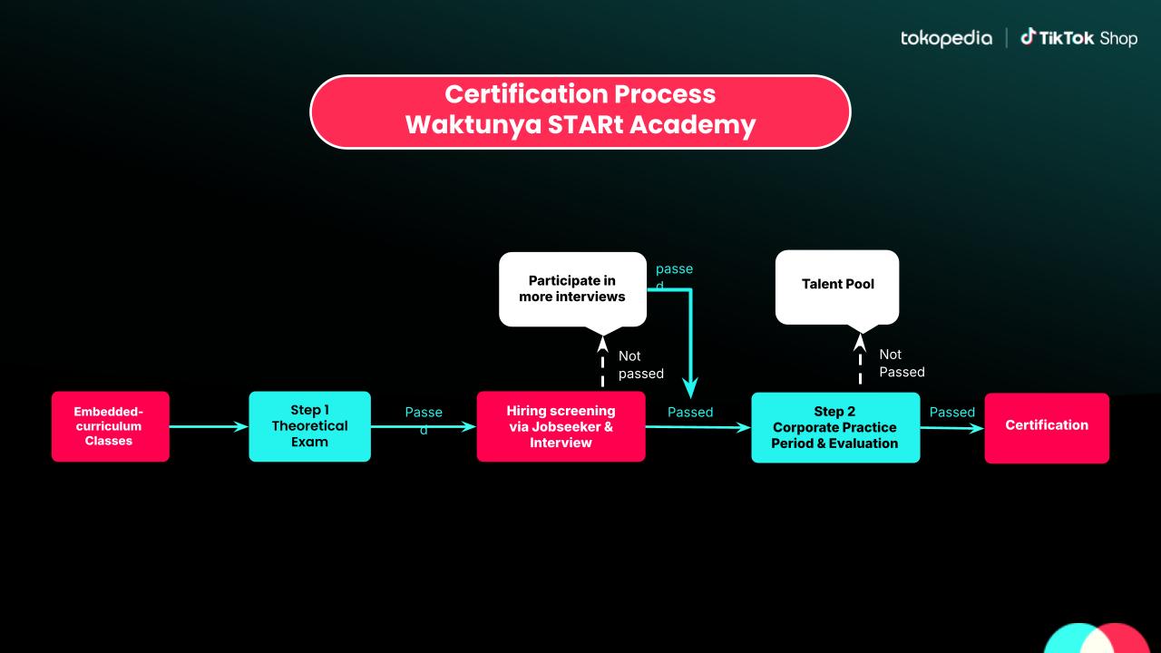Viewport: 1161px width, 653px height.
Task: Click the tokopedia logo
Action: pos(946,38)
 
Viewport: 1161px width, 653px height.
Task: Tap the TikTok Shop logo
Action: pos(1078,38)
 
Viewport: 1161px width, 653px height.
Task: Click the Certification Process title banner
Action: pos(580,111)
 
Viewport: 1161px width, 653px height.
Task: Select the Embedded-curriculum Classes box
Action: pos(110,426)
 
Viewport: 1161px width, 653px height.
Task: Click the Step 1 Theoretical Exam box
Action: pos(309,426)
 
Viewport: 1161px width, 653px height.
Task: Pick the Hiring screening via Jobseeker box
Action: pos(561,426)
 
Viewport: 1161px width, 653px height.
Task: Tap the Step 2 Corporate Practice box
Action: pos(834,427)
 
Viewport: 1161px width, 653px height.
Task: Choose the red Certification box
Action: pos(1046,427)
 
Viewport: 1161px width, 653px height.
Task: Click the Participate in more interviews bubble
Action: pos(572,288)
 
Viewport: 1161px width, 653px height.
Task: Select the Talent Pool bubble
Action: pos(837,285)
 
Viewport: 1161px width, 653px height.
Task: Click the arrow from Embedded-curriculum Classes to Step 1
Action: pos(209,426)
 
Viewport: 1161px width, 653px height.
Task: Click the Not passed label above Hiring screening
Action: pos(640,365)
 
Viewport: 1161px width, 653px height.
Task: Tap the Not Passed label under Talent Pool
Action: pos(902,363)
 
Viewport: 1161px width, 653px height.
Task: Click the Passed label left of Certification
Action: pos(951,412)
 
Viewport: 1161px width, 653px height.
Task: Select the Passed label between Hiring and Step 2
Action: pos(690,412)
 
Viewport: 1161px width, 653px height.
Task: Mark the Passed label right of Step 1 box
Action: pos(424,420)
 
